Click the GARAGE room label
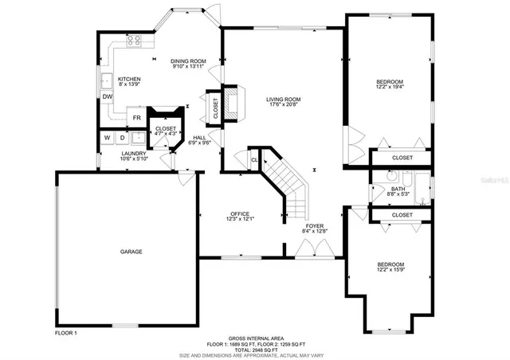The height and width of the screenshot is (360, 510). click(x=131, y=252)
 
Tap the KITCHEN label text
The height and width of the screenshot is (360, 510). click(x=130, y=80)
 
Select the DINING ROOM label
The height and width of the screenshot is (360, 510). click(x=189, y=61)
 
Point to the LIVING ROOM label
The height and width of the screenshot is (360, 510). click(x=283, y=99)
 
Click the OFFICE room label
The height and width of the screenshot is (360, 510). click(x=240, y=213)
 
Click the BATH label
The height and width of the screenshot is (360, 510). click(x=398, y=188)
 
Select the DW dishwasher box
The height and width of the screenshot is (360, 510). click(x=107, y=97)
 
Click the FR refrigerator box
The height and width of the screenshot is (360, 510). click(x=137, y=118)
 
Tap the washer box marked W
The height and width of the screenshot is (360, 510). click(x=107, y=137)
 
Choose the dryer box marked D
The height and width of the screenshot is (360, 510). click(x=122, y=137)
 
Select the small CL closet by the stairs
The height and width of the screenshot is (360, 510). click(x=254, y=160)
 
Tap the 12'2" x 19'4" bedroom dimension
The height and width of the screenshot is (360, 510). click(x=390, y=88)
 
